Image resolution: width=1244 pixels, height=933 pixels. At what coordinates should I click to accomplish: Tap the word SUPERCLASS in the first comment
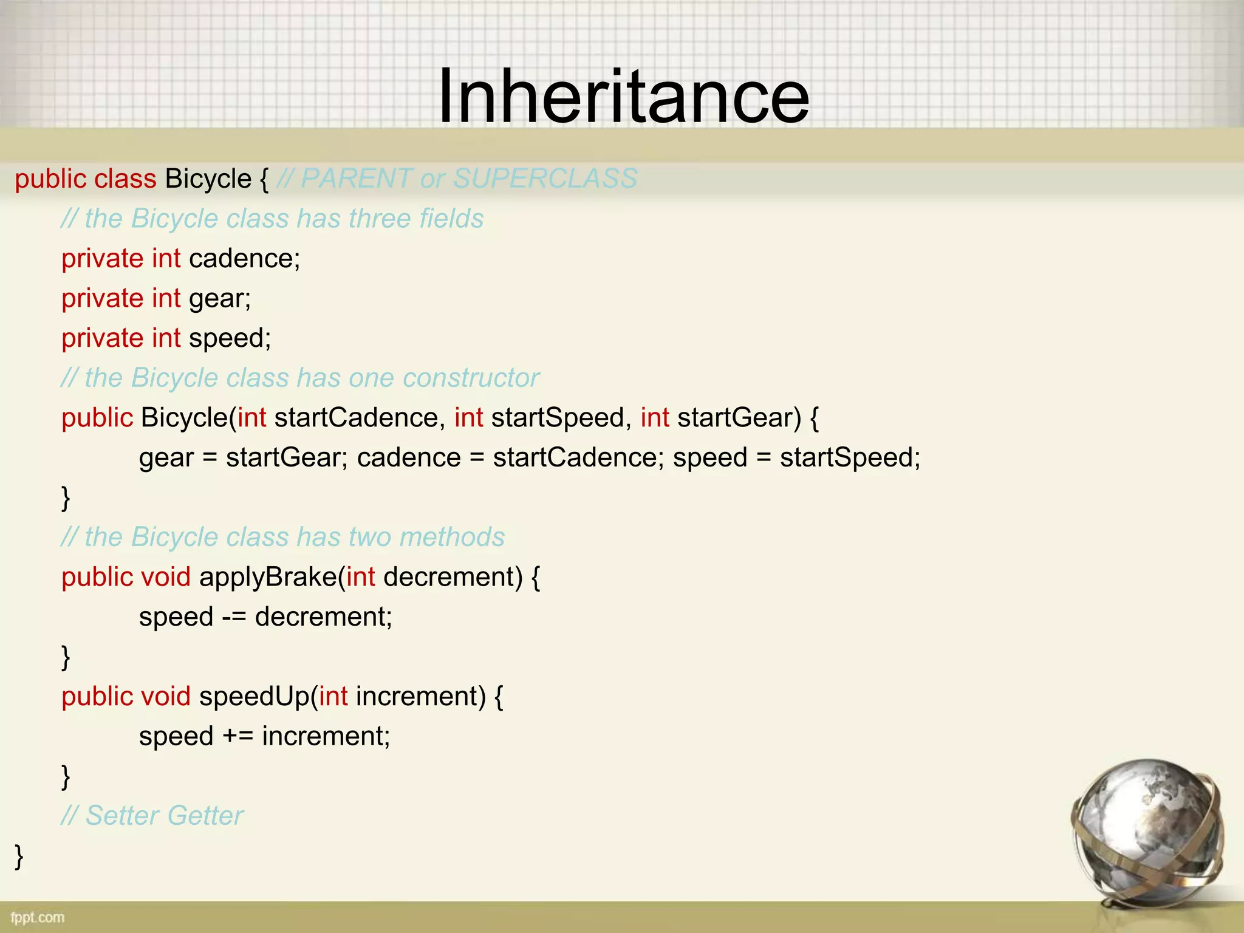pos(545,179)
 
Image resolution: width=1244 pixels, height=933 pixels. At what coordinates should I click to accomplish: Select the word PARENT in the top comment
pos(356,179)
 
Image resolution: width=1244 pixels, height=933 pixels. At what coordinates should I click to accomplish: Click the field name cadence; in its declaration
pos(245,259)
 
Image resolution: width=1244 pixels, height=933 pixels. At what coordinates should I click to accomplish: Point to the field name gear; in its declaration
pos(220,299)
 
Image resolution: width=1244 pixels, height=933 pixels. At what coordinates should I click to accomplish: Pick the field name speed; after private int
pos(230,338)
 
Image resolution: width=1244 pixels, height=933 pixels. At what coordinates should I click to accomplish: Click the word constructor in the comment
pos(471,378)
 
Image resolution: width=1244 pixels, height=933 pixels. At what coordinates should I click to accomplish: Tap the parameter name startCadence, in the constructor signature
pos(357,418)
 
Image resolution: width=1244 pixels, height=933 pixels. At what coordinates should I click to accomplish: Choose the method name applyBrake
pos(268,577)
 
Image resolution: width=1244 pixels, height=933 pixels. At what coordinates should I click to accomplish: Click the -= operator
pos(234,617)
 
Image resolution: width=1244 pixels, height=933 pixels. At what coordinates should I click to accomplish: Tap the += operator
pos(238,736)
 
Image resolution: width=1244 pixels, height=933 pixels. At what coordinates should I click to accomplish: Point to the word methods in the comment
pos(452,537)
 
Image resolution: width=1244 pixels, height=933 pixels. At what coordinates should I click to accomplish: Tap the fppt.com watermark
pos(37,917)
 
